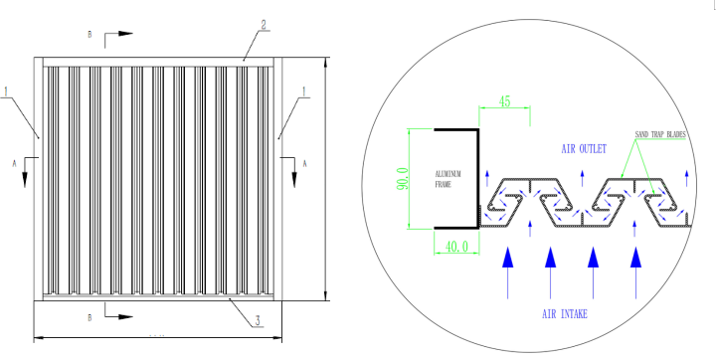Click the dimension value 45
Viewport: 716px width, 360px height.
coord(504,101)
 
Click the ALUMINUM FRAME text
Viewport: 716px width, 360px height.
coord(447,179)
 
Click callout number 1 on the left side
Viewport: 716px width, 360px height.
coord(6,92)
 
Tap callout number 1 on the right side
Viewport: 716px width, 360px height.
coord(303,91)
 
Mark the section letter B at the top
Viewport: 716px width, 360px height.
coord(90,35)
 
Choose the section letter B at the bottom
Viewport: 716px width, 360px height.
coord(90,319)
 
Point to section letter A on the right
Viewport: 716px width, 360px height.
coord(305,162)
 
